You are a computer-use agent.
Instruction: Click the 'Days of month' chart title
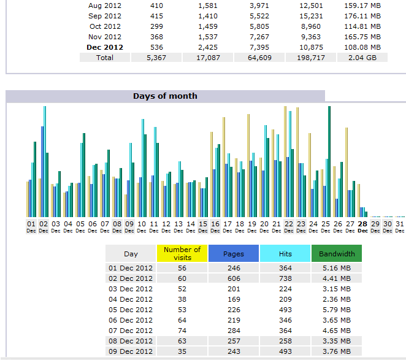pos(165,96)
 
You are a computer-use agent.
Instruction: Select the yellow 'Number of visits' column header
pos(182,253)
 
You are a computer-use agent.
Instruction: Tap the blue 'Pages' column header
pos(233,253)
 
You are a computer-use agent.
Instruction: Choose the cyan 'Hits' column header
pos(285,253)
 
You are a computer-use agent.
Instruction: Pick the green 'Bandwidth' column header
pos(337,253)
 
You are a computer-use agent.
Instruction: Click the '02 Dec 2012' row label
pos(130,278)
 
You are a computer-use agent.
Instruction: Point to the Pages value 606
pos(233,278)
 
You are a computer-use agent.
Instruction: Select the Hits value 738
pos(285,278)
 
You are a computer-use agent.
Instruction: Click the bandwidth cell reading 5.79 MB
pos(337,310)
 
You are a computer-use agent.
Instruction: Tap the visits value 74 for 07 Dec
pos(182,331)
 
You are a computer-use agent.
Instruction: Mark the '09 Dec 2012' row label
pos(130,351)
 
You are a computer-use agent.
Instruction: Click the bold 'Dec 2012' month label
pos(105,47)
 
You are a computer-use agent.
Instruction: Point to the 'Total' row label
pos(104,58)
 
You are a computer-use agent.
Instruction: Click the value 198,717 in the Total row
pos(311,58)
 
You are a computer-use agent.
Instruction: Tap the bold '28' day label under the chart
pos(362,224)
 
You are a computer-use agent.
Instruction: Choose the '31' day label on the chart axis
pos(399,224)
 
